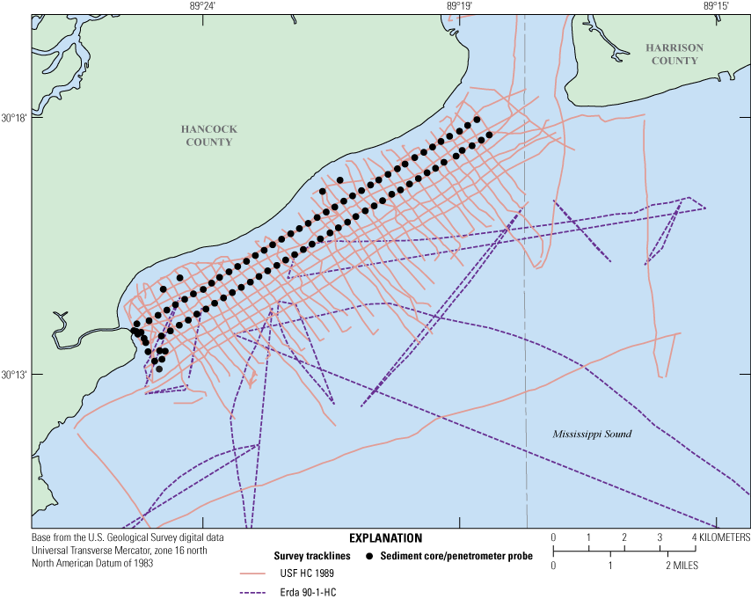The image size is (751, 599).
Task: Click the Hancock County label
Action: [208, 135]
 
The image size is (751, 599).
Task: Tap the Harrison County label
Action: [671, 54]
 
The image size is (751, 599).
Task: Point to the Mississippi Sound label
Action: [592, 435]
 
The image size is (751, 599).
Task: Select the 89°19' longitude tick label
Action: [459, 6]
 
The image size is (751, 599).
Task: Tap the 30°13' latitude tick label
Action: [15, 375]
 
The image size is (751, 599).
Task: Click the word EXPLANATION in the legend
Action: [385, 537]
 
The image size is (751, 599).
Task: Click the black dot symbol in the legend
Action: [369, 556]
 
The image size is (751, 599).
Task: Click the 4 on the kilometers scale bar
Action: [695, 537]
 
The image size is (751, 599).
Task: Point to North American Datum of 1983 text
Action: [91, 563]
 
